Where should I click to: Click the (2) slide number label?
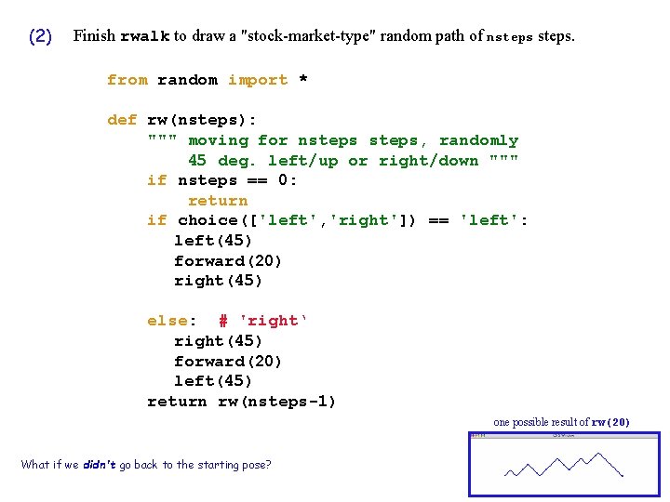click(40, 37)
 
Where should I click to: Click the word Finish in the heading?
click(94, 36)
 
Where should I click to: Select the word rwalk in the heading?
click(144, 37)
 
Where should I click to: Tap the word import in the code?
click(258, 80)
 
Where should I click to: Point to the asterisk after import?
click(302, 80)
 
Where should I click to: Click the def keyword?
click(122, 120)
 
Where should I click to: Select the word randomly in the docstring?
click(478, 140)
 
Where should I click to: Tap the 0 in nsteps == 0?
click(288, 180)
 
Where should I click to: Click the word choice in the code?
click(208, 220)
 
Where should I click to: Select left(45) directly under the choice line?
click(213, 241)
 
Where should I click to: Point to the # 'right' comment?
click(262, 321)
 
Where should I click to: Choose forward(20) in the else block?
click(228, 362)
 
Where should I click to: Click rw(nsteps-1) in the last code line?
click(277, 402)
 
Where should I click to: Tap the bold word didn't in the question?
click(99, 465)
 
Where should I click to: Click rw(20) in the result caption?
click(610, 423)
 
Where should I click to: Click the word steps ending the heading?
click(556, 36)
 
